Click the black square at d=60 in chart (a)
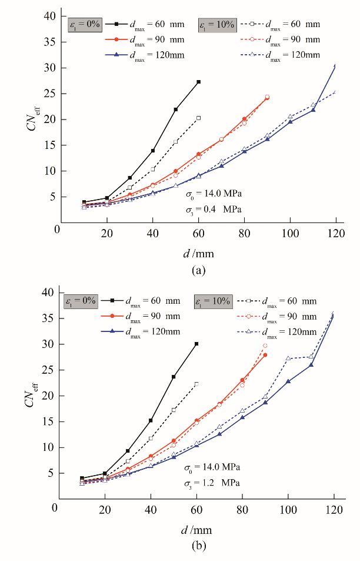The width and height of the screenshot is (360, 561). tap(198, 82)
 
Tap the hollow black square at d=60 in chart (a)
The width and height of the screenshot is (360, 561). tap(198, 118)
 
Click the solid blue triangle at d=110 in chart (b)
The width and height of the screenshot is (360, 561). tap(311, 365)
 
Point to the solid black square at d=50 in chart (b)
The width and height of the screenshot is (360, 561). tap(174, 377)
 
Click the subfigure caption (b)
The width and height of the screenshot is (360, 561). tap(198, 547)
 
